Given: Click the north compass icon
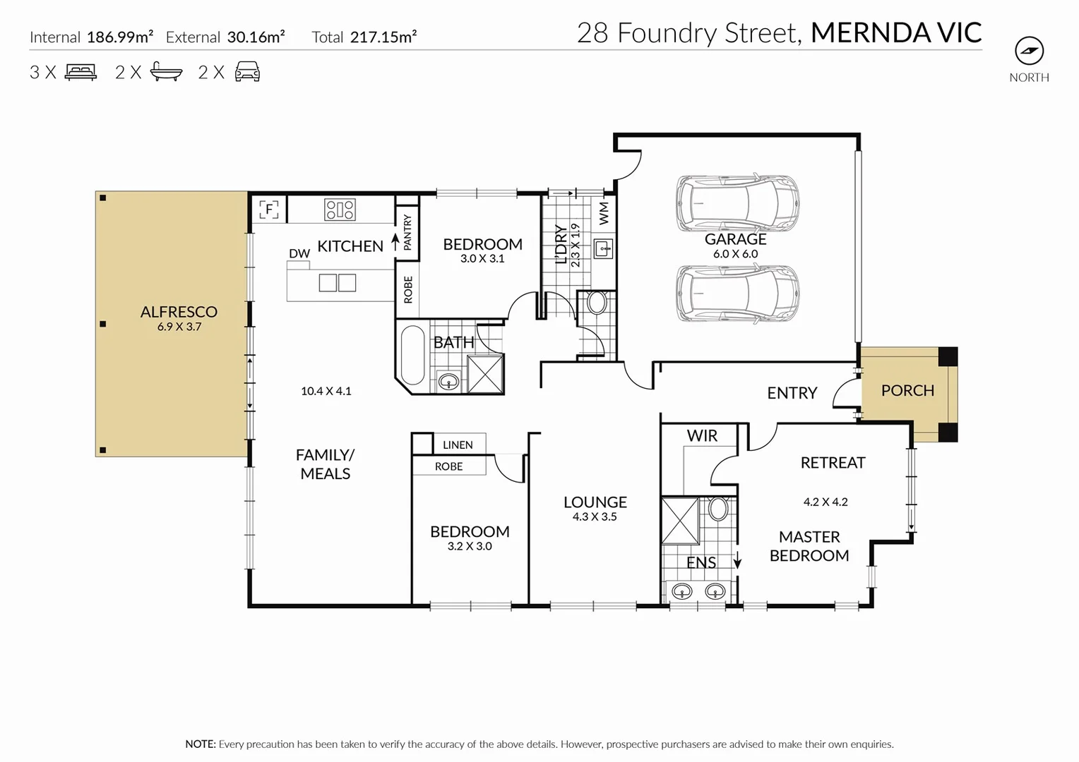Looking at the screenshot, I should click(x=1029, y=51).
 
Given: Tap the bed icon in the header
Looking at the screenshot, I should click(x=81, y=72).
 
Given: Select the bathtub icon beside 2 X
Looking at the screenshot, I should click(x=167, y=72).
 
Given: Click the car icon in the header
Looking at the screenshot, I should click(x=247, y=72).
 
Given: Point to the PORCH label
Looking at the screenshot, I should click(x=907, y=390).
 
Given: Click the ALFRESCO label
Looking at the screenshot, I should click(x=179, y=312).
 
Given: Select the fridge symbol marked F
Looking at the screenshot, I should click(x=269, y=210).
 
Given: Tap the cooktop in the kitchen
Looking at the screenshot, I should click(x=340, y=210).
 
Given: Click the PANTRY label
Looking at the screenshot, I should click(x=407, y=232).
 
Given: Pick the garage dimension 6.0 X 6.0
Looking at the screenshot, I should click(x=735, y=254).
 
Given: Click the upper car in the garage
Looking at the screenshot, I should click(x=738, y=204).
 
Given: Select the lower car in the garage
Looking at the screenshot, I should click(x=738, y=294).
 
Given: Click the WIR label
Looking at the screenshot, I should click(x=702, y=436).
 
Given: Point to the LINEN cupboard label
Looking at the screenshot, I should click(x=458, y=445).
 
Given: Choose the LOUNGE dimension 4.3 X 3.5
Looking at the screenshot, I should click(x=595, y=517).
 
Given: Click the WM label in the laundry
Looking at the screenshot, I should click(x=604, y=213).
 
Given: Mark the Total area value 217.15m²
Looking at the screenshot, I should click(x=383, y=37).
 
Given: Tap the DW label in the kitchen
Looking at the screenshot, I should click(x=299, y=253).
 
